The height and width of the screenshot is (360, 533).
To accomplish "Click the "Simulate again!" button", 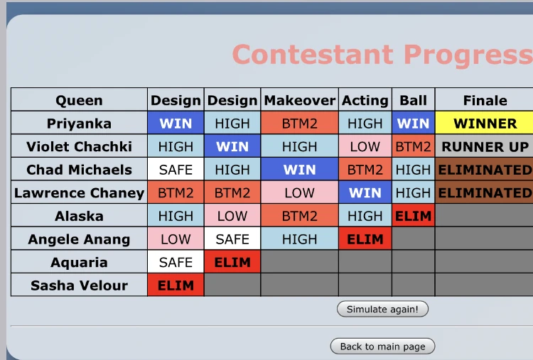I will point(382,309).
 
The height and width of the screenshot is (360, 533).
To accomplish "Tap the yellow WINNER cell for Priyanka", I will point(485,124).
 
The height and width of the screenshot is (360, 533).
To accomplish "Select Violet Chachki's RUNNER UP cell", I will point(485,147).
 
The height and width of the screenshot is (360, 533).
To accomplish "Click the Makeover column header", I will point(299,101).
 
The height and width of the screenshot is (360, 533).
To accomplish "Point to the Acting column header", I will point(365,101).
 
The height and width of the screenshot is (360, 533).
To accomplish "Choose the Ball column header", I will point(413,101).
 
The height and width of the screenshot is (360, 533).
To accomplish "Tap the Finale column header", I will point(485,101).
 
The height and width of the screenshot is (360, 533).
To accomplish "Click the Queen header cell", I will point(79,101).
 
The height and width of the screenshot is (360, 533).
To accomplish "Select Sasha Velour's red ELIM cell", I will point(176,285).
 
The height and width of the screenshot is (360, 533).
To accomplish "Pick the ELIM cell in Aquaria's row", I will point(232,263).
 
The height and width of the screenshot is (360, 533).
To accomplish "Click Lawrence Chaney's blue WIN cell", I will point(365,193).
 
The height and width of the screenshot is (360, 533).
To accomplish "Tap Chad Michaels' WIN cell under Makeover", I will point(299,170).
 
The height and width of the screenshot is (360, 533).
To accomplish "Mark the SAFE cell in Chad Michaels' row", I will point(176,170).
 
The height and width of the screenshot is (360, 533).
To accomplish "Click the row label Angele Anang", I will point(79,239).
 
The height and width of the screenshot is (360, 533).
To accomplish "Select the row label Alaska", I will point(79,216).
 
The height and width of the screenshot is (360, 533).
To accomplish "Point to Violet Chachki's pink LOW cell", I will point(365,147).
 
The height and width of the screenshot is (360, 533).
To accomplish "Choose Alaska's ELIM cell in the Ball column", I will point(413,216).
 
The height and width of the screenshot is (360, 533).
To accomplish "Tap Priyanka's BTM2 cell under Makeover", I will point(299,124).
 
